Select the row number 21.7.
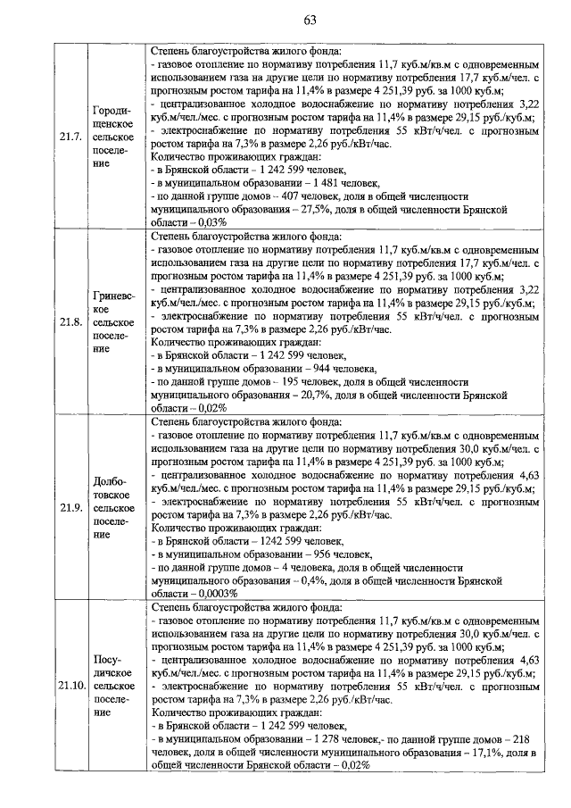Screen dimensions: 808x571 [x=70, y=137]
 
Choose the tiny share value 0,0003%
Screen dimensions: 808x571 [x=214, y=592]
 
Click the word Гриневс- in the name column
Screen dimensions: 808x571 [x=113, y=296]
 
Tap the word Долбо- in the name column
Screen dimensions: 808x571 [x=113, y=481]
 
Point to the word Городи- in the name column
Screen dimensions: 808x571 [x=113, y=111]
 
